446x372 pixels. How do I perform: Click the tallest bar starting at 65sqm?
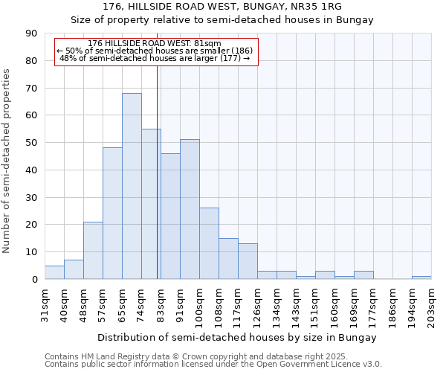click(x=132, y=186)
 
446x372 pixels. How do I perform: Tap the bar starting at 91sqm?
click(x=190, y=209)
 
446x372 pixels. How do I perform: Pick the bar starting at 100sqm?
click(x=209, y=243)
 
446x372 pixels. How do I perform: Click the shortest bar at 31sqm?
click(x=54, y=272)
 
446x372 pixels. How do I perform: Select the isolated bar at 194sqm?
click(x=421, y=278)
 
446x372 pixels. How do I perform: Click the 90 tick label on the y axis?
click(x=31, y=33)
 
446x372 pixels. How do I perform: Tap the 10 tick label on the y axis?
click(x=31, y=252)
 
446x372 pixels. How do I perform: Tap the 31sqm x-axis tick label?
click(x=45, y=301)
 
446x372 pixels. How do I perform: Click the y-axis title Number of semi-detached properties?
click(x=7, y=161)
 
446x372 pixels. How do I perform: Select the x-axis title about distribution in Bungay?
click(x=237, y=337)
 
